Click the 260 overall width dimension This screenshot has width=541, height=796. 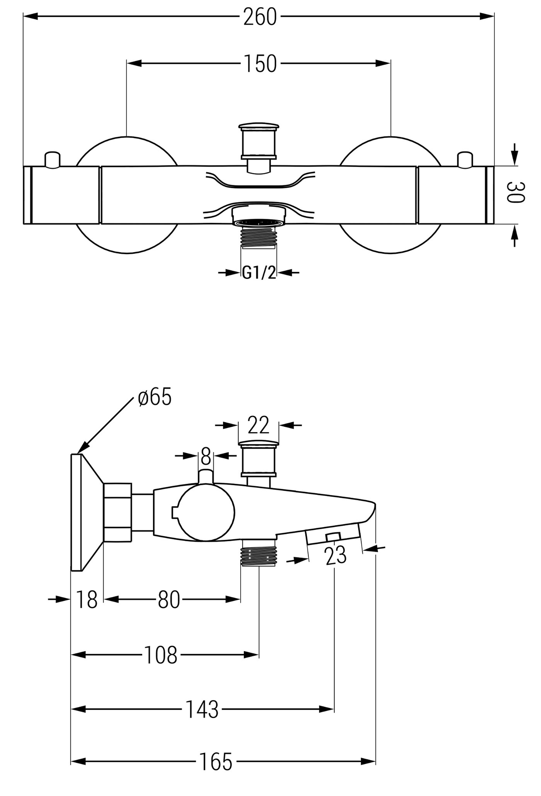260,16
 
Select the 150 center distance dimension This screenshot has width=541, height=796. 260,63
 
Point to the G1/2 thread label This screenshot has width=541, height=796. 259,273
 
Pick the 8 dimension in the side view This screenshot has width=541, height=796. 206,456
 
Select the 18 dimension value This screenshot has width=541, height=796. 87,600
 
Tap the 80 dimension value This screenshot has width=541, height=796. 169,600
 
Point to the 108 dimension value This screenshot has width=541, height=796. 161,656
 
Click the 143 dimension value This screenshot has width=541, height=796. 202,709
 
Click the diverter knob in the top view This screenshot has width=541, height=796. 258,149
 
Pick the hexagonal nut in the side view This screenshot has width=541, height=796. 117,513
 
